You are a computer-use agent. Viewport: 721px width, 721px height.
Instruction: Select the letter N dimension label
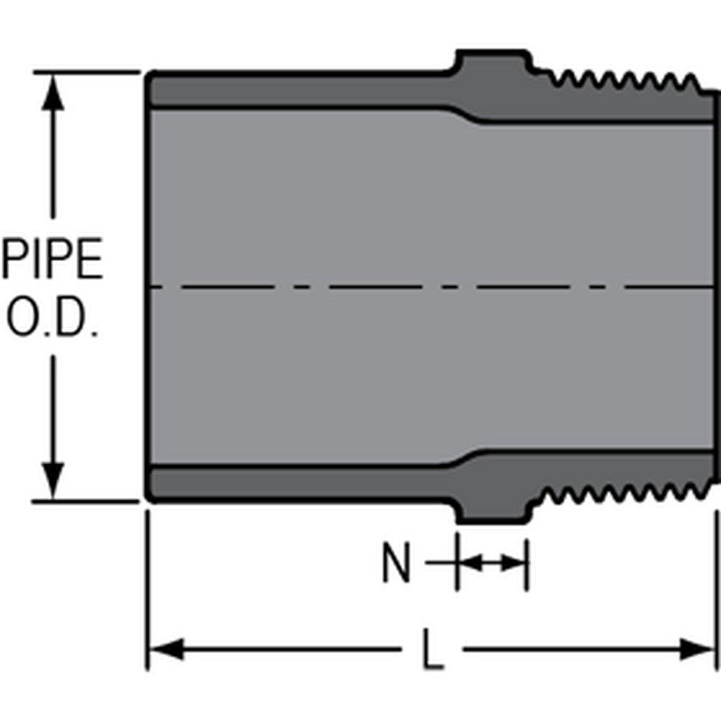pyautogui.click(x=396, y=565)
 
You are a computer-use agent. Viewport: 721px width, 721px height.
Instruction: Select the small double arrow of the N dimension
pyautogui.click(x=491, y=563)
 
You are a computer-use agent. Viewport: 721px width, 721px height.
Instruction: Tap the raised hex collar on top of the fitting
pyautogui.click(x=492, y=62)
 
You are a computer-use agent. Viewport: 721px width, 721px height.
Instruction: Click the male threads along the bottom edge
pyautogui.click(x=620, y=494)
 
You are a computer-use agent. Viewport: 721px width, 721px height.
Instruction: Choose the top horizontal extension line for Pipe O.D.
pyautogui.click(x=87, y=72)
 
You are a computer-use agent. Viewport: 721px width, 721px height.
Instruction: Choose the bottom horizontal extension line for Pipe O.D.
pyautogui.click(x=87, y=500)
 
